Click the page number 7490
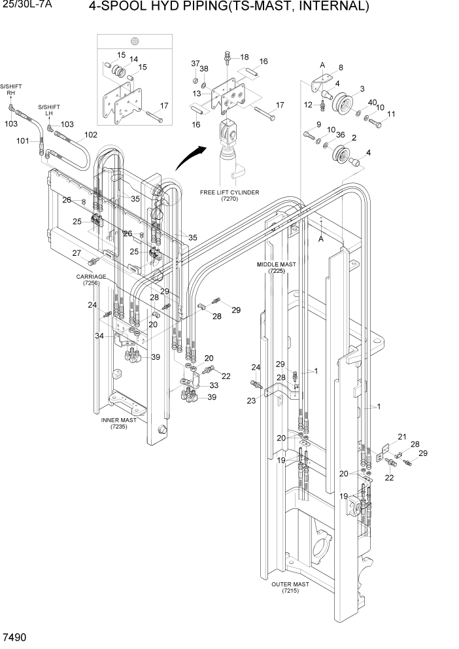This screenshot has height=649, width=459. pyautogui.click(x=16, y=637)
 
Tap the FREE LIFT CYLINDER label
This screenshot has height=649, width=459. pyautogui.click(x=229, y=193)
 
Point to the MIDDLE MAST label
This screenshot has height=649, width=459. pyautogui.click(x=277, y=265)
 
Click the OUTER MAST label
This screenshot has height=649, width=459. pyautogui.click(x=290, y=584)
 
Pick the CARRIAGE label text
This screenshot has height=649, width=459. pyautogui.click(x=90, y=277)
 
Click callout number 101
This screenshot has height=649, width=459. pyautogui.click(x=22, y=141)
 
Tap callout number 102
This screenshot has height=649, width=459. pyautogui.click(x=91, y=135)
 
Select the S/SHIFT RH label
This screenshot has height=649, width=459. pyautogui.click(x=10, y=90)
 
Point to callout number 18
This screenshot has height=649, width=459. pyautogui.click(x=244, y=57)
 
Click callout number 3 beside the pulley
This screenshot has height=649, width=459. pyautogui.click(x=362, y=88)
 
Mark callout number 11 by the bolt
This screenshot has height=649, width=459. pyautogui.click(x=391, y=115)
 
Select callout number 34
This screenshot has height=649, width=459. pyautogui.click(x=99, y=336)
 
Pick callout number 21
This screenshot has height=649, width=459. pyautogui.click(x=401, y=437)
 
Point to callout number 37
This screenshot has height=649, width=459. pyautogui.click(x=195, y=63)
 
